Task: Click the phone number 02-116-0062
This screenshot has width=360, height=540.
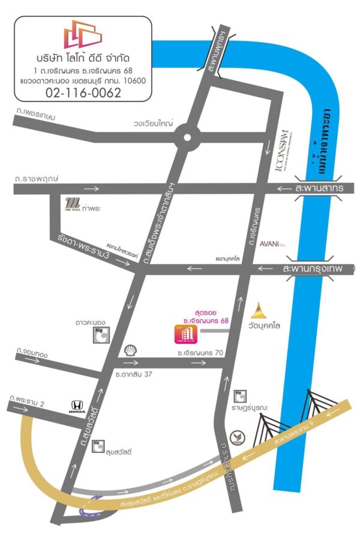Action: click(83, 92)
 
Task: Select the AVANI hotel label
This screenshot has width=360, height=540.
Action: click(271, 244)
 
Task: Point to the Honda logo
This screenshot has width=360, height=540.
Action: click(78, 406)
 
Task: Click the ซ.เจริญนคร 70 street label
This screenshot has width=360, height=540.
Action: click(200, 353)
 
